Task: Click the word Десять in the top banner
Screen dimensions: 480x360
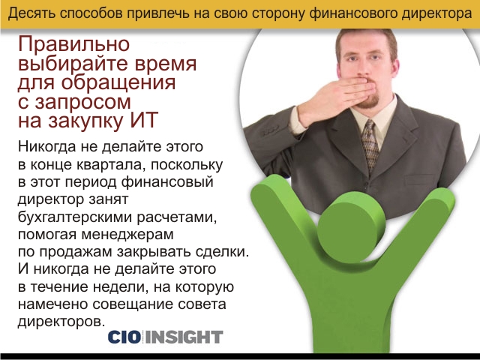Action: [x=32, y=13]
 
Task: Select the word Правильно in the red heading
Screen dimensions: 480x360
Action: [x=74, y=45]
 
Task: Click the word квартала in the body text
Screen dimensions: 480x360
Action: [x=108, y=165]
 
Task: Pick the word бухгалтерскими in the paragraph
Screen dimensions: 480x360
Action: [x=75, y=217]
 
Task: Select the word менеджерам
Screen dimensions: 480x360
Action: [x=127, y=235]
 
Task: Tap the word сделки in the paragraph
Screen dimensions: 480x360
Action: [x=222, y=252]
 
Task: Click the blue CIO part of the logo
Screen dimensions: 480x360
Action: [x=124, y=337]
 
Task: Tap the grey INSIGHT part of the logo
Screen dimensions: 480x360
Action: [x=184, y=337]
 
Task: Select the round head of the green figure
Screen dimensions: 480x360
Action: [x=351, y=227]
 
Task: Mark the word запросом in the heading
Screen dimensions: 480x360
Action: [x=82, y=102]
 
